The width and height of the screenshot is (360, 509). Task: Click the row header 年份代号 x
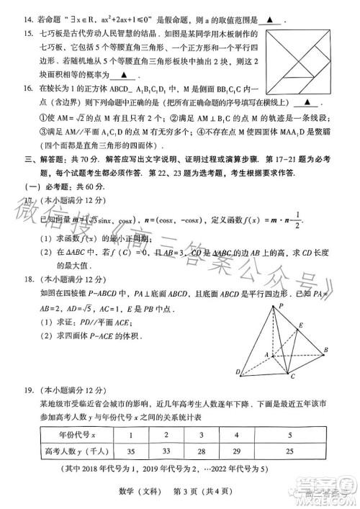click(71, 436)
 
